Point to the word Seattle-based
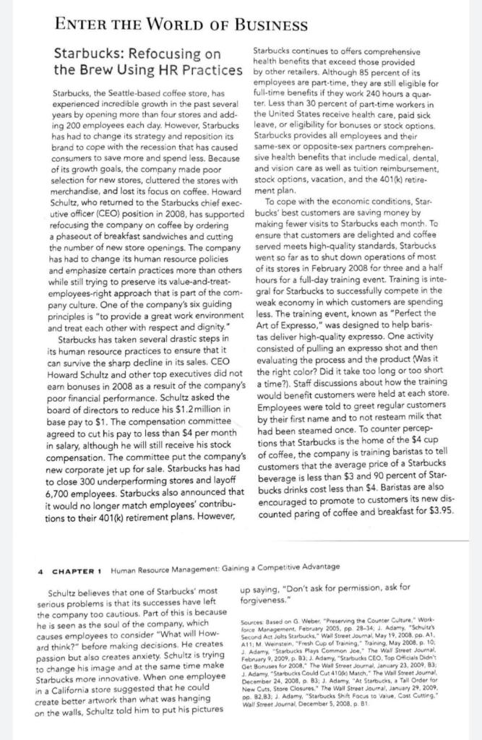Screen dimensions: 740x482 134,93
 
